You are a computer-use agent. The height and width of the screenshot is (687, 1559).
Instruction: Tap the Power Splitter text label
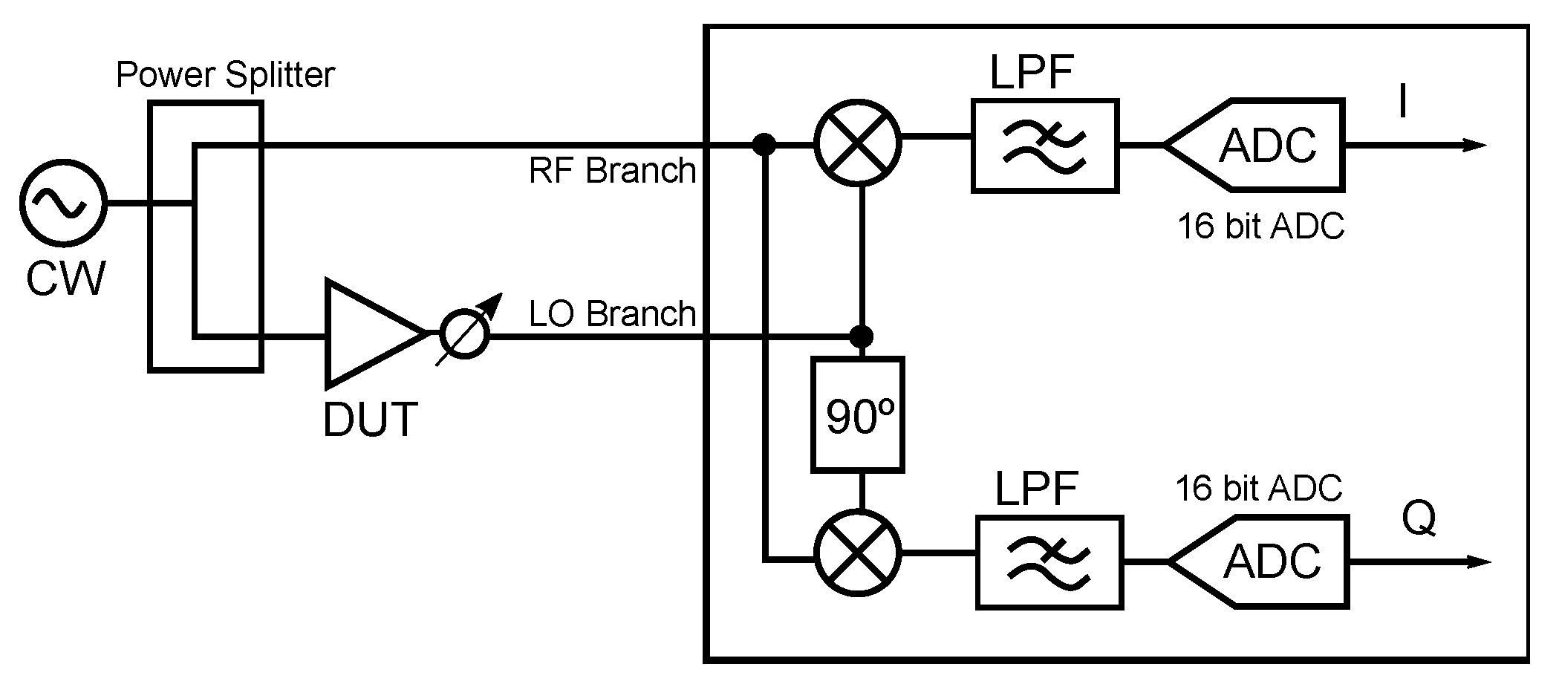225,76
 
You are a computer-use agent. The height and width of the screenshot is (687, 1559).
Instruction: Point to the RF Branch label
612,172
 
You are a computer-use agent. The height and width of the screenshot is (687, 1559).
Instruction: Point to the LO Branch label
612,314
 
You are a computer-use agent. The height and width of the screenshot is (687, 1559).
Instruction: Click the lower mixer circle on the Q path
858,553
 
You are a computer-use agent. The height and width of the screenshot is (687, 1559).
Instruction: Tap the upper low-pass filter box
1045,146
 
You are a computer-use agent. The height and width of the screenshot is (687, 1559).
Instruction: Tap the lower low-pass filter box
1049,562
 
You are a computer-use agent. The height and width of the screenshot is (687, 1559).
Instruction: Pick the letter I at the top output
1402,102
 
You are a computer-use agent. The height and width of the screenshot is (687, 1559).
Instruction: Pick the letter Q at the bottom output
1419,519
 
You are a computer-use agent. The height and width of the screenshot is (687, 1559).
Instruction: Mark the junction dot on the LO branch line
861,336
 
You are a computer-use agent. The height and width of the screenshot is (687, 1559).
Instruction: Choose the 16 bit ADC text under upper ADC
1260,226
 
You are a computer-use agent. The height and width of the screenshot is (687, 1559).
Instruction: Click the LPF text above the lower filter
1035,489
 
